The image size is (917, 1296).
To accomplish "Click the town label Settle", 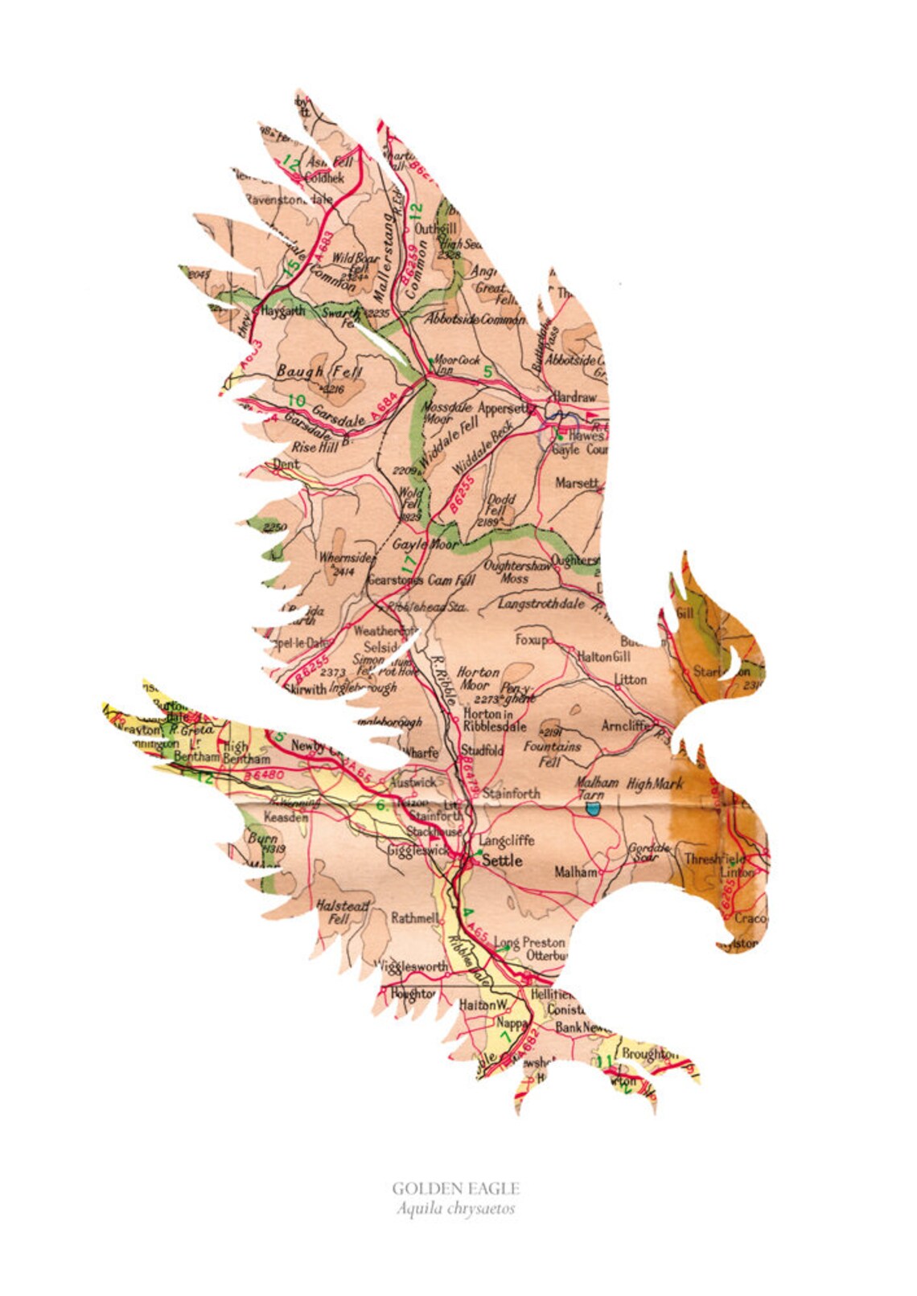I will pyautogui.click(x=502, y=860).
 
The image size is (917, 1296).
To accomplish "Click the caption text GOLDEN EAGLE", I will pyautogui.click(x=455, y=1188).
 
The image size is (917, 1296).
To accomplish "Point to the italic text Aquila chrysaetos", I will pyautogui.click(x=455, y=1208).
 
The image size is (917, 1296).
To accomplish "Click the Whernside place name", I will pyautogui.click(x=346, y=557).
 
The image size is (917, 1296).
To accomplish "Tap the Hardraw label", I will pyautogui.click(x=574, y=397).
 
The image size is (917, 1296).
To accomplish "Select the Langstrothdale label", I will pyautogui.click(x=541, y=604).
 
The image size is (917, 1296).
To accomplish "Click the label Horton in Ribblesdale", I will pyautogui.click(x=494, y=720).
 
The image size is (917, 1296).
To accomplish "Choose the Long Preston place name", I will pyautogui.click(x=529, y=941).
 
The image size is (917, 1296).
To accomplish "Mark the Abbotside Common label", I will pyautogui.click(x=475, y=319).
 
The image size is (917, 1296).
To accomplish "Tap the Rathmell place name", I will pyautogui.click(x=415, y=917).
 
